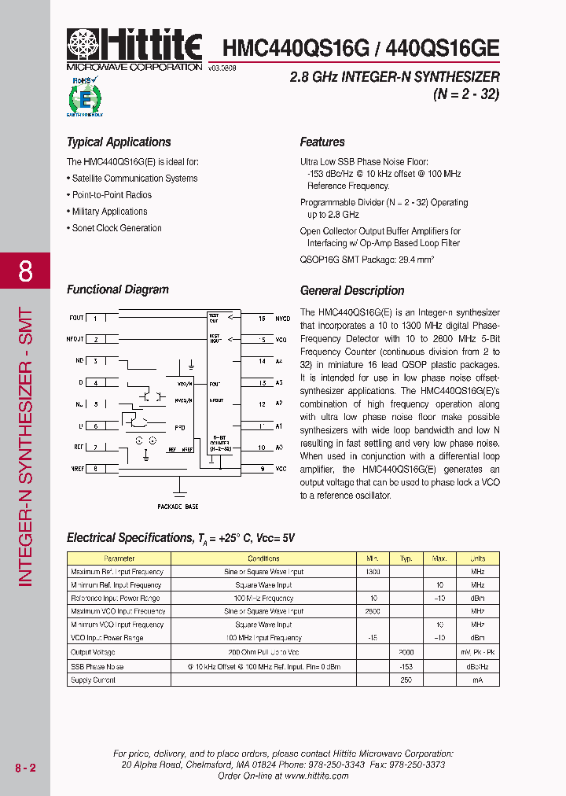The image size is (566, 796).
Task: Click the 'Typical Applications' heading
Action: (x=119, y=142)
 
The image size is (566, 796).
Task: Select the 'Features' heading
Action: (x=322, y=142)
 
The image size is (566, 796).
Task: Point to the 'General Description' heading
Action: (x=352, y=291)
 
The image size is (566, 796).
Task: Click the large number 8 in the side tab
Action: (x=25, y=271)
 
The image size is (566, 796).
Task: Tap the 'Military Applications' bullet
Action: (x=109, y=212)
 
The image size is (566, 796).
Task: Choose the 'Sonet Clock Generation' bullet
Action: (x=116, y=228)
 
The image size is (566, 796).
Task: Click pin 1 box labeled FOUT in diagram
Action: (x=96, y=319)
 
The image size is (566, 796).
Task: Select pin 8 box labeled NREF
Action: (x=96, y=469)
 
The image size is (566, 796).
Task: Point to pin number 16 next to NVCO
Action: (x=262, y=319)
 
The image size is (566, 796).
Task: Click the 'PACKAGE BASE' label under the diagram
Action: (x=178, y=507)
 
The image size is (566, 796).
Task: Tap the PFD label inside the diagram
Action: (x=179, y=428)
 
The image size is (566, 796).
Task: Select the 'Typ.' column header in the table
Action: (x=406, y=558)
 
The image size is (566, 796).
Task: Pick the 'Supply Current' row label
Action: (x=93, y=680)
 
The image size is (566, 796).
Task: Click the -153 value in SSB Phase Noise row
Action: (x=406, y=666)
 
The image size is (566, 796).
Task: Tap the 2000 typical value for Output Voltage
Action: (x=406, y=653)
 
